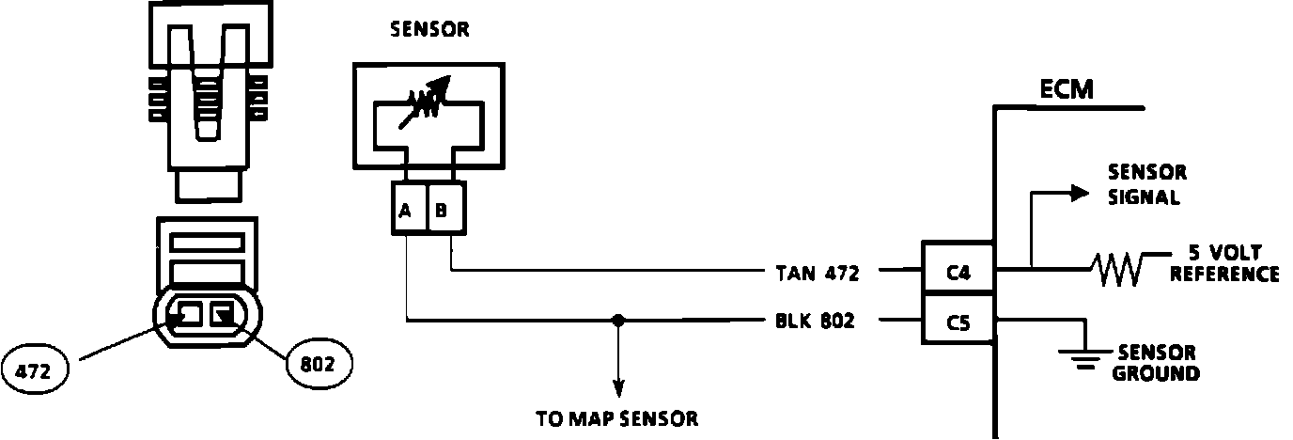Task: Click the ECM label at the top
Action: tap(1067, 90)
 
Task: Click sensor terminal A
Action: tap(406, 211)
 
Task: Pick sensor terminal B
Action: tap(442, 211)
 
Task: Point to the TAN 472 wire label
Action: tap(816, 274)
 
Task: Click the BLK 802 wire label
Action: tap(816, 322)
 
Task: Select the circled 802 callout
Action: tap(318, 363)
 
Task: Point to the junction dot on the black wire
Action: tap(617, 321)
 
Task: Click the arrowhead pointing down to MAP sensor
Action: tap(617, 387)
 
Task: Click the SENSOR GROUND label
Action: tap(1156, 363)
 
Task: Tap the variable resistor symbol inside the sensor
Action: tap(427, 96)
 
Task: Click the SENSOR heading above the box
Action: tap(428, 29)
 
